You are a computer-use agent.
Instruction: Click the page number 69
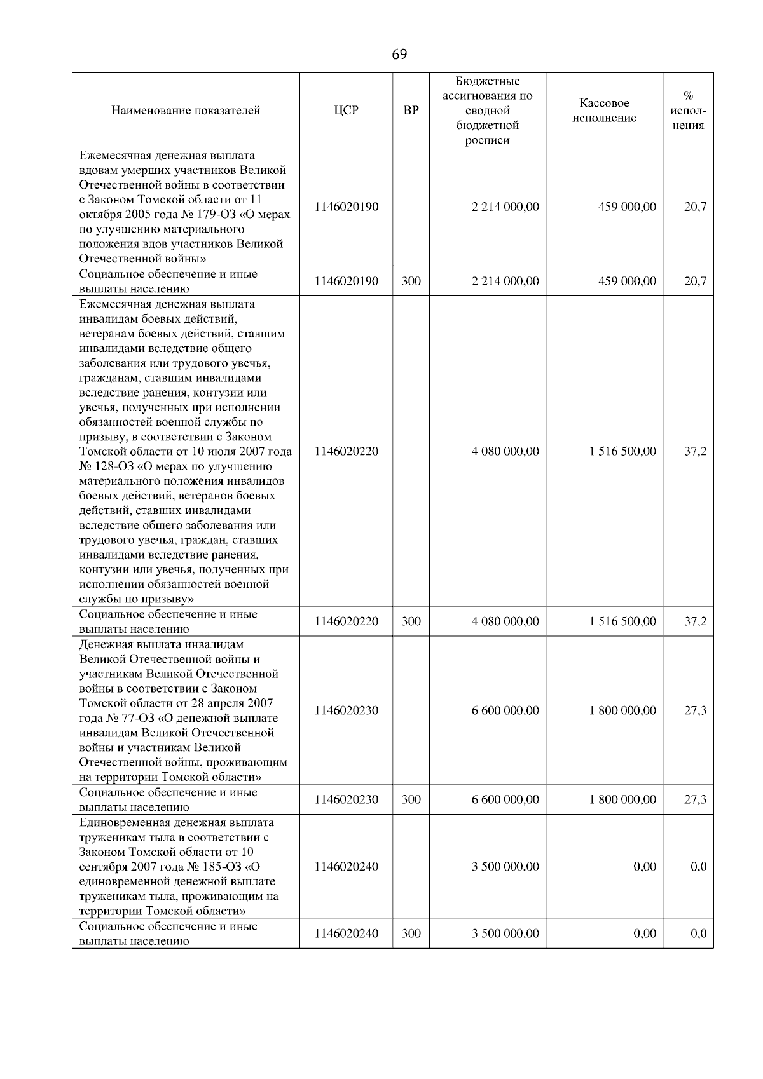399,55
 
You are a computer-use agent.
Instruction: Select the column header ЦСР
347,111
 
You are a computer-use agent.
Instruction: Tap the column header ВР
411,111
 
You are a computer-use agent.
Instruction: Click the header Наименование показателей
186,111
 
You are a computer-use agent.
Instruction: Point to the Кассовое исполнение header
604,111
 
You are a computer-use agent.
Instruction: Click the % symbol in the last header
688,96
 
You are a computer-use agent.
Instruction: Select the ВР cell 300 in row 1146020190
411,281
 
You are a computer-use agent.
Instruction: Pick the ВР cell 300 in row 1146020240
411,933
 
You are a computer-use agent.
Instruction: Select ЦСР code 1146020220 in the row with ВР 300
347,621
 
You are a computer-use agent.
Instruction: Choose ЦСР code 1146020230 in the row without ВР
347,710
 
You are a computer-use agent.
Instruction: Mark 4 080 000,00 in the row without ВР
505,451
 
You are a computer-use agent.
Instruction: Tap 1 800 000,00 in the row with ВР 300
622,799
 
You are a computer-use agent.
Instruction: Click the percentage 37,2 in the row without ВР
695,451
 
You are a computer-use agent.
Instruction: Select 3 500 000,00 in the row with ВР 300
505,933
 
